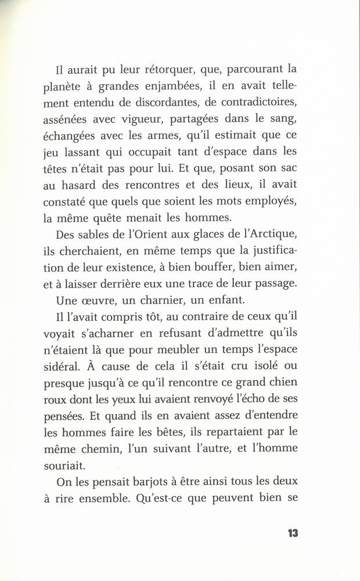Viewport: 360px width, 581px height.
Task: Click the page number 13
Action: (x=291, y=534)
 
